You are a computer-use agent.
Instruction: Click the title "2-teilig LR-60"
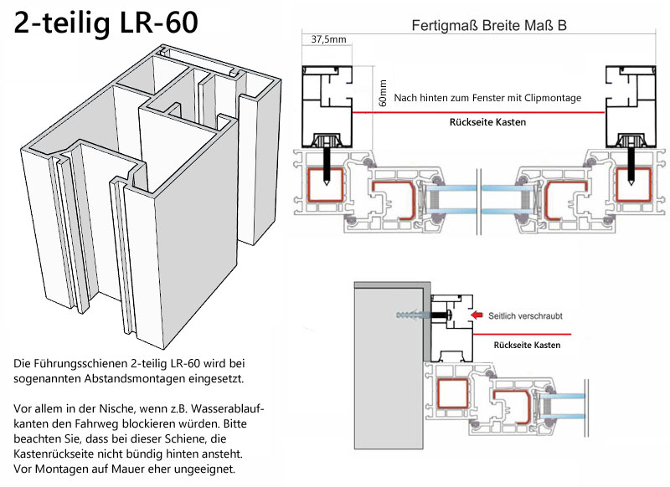[x=106, y=23]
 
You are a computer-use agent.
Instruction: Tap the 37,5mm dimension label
[x=328, y=39]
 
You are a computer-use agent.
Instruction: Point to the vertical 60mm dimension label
[x=383, y=93]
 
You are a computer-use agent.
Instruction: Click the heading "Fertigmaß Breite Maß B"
[x=489, y=26]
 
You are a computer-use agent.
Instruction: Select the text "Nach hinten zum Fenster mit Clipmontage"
[x=487, y=98]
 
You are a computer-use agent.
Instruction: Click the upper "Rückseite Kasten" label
[x=487, y=122]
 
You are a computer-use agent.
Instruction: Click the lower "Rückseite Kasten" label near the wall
[x=527, y=345]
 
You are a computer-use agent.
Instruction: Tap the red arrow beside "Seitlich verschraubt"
[x=477, y=315]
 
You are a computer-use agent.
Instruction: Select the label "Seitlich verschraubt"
[x=525, y=315]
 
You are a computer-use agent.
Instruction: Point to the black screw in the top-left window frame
[x=327, y=167]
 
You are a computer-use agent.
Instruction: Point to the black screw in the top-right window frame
[x=631, y=167]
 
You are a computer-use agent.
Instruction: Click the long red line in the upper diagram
[x=478, y=113]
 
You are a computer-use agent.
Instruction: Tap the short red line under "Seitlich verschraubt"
[x=522, y=334]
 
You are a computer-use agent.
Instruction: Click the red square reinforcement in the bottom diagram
[x=452, y=392]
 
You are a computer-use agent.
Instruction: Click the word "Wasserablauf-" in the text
[x=228, y=408]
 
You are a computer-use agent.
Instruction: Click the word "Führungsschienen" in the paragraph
[x=79, y=364]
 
